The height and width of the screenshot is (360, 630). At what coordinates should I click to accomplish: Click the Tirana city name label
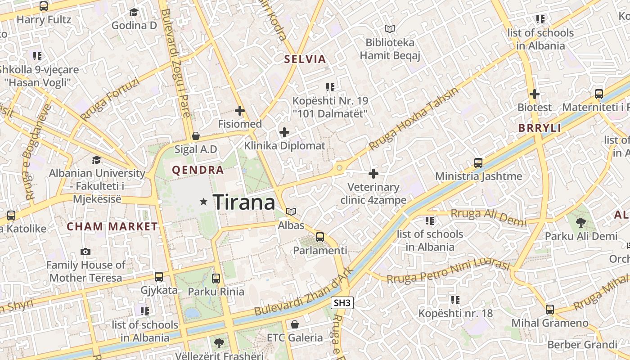(244, 202)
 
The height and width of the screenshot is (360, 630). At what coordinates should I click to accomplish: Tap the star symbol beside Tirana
(204, 202)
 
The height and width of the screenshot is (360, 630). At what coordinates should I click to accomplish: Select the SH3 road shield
(342, 303)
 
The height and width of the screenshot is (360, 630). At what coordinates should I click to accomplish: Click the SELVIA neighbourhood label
(305, 59)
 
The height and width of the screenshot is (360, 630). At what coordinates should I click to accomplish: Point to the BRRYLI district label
(540, 128)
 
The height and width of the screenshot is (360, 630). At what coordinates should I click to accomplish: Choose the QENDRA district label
(198, 170)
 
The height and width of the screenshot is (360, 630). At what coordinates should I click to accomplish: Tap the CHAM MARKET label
(112, 227)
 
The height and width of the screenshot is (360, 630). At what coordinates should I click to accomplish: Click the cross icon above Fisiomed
(240, 110)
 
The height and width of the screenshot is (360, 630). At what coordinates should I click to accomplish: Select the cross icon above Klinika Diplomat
(284, 132)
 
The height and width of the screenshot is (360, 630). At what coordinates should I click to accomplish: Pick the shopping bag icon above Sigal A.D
(196, 136)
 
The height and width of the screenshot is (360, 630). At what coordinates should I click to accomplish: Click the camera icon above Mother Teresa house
(85, 252)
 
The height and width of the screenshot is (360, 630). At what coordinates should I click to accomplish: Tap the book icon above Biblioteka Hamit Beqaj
(390, 29)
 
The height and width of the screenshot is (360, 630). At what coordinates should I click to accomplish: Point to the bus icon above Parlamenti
(320, 237)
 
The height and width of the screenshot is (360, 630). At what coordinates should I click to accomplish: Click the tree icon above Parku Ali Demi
(581, 222)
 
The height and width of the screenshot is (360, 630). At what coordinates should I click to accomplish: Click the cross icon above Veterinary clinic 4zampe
(373, 173)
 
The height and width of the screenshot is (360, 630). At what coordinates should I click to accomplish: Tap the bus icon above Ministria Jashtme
(478, 162)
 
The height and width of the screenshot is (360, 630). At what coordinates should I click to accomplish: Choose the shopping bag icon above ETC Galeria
(295, 324)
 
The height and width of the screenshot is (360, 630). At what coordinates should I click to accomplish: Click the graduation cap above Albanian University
(96, 160)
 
